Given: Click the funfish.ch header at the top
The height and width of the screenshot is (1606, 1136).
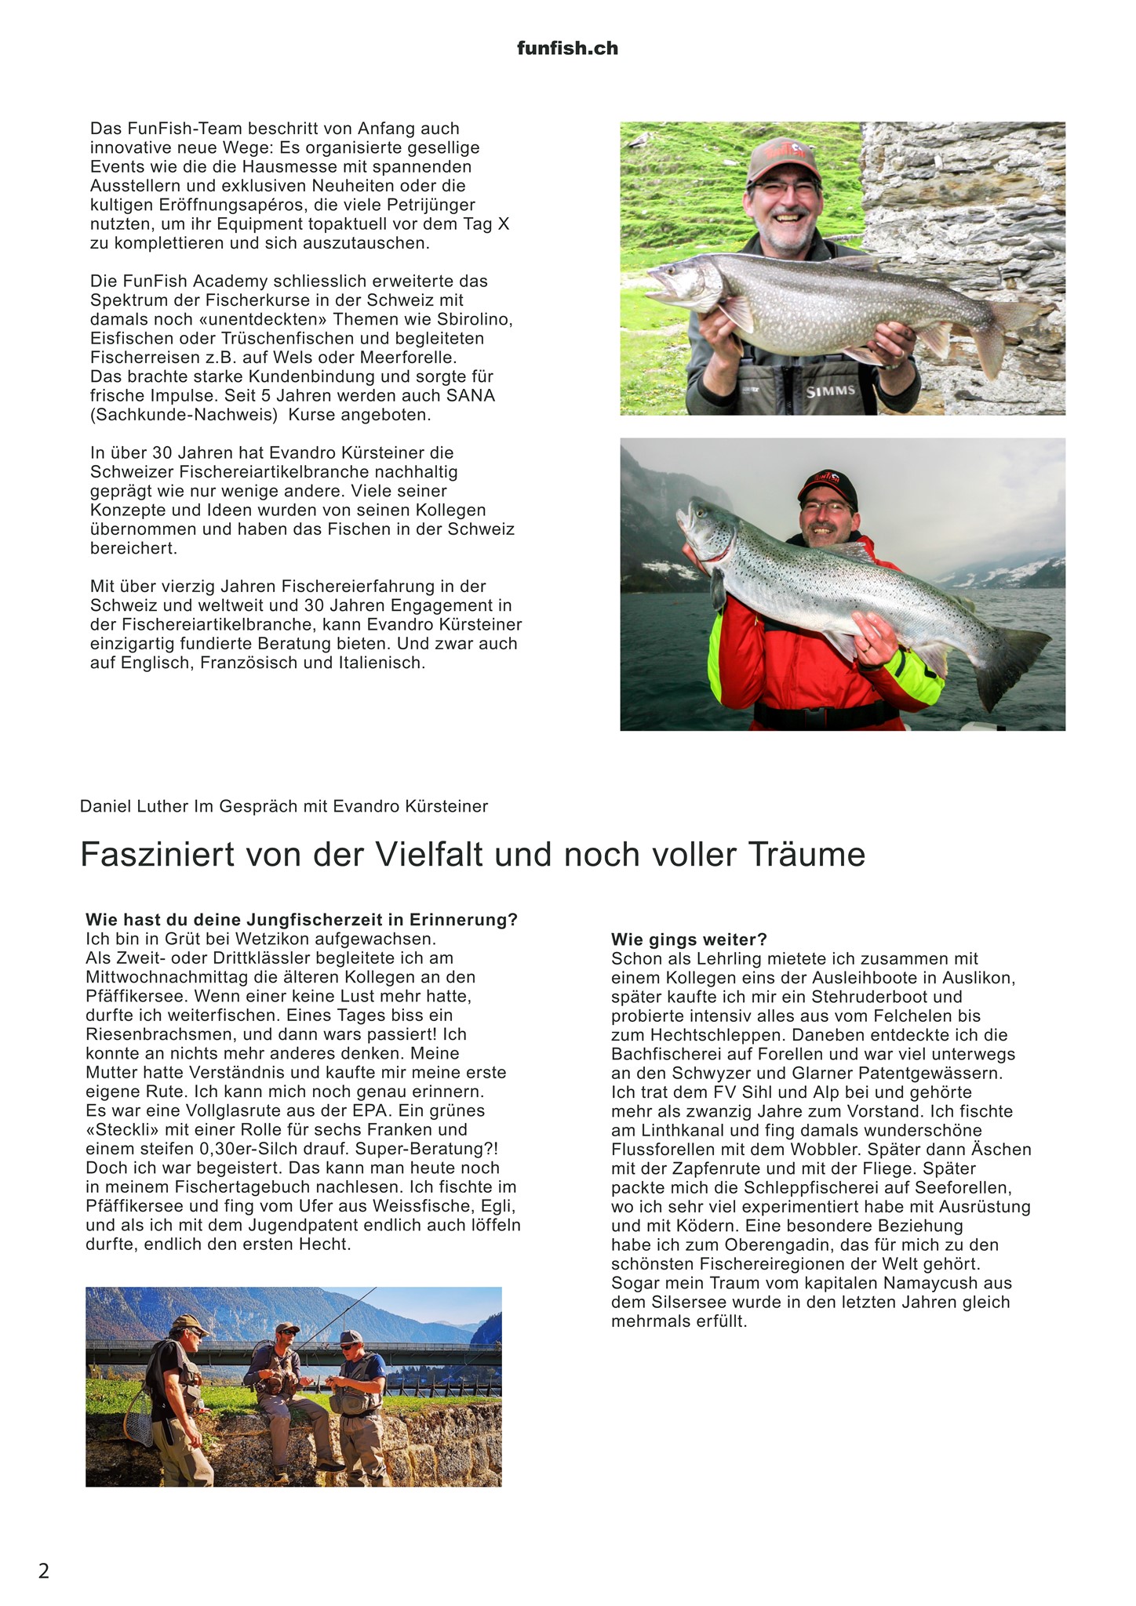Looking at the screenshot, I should tap(567, 49).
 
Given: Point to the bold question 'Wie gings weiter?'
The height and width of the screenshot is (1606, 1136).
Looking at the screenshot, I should tap(689, 939).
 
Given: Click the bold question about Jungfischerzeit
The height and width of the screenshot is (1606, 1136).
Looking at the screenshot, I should tap(301, 920).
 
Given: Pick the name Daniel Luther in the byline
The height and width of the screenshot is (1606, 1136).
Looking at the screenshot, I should tap(134, 806).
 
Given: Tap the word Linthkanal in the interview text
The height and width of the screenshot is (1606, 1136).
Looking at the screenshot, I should tap(675, 1131).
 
